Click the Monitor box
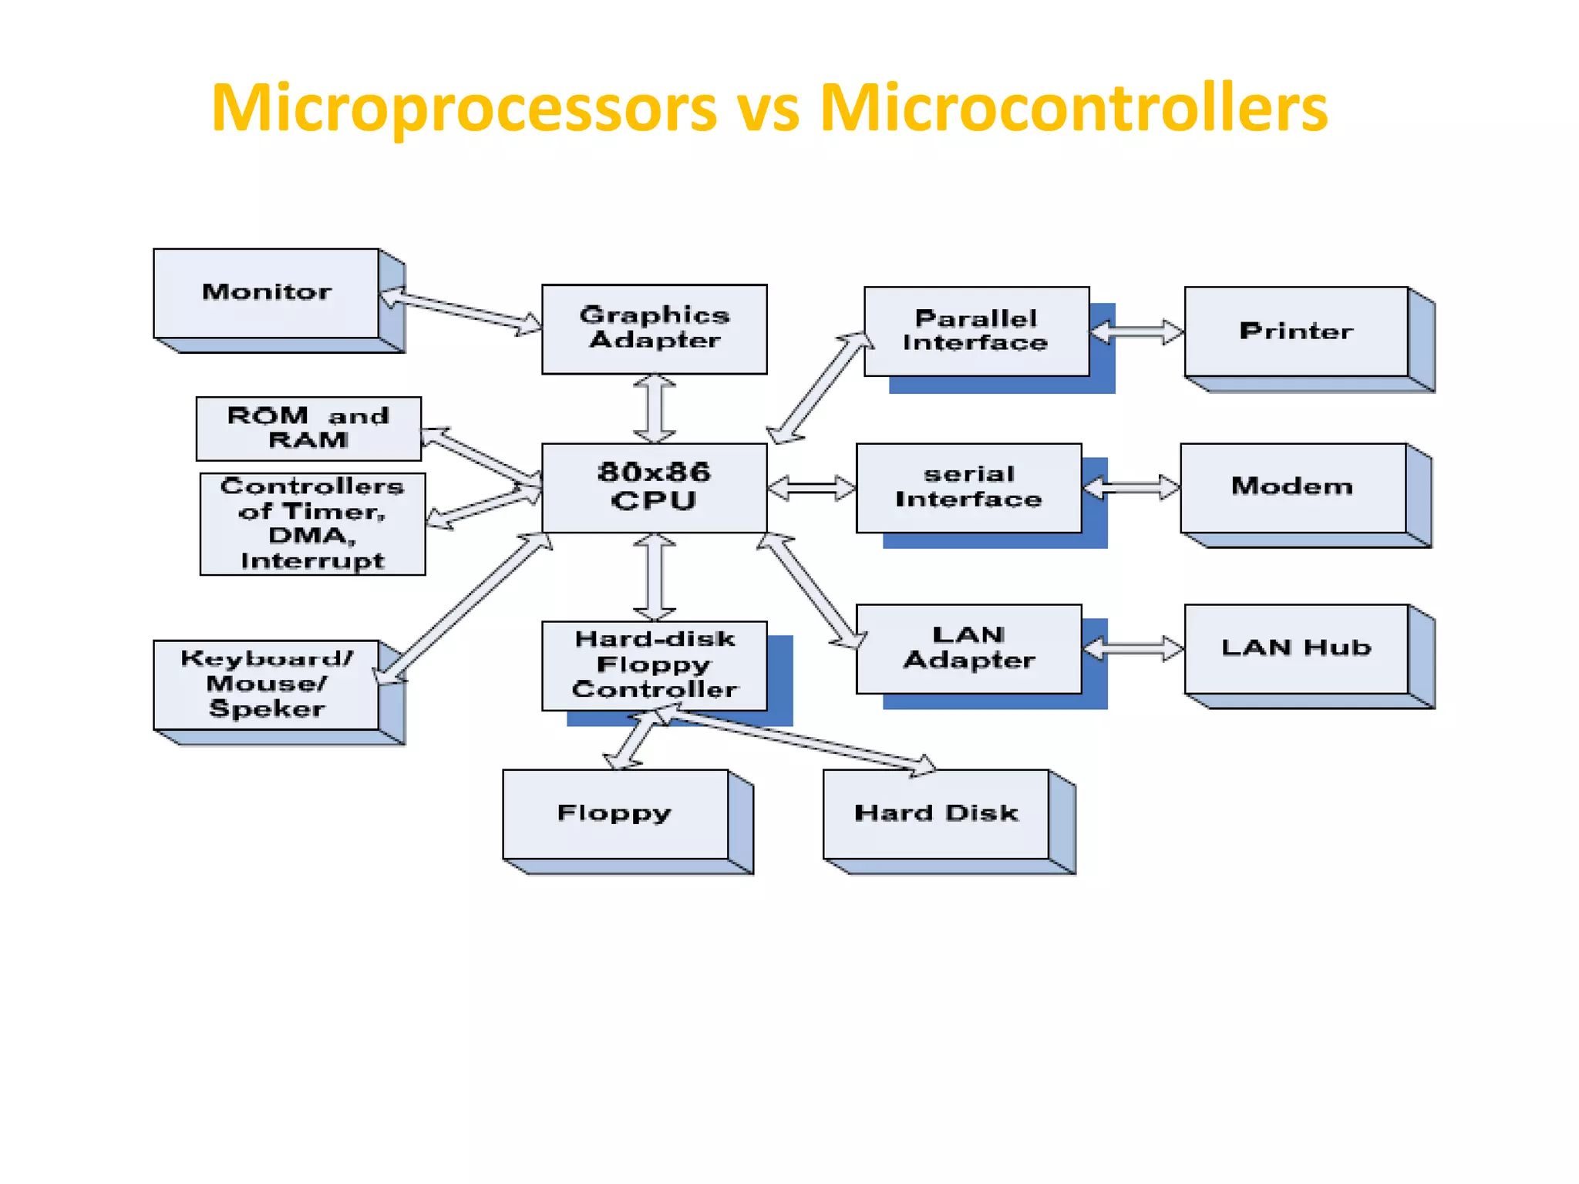pyautogui.click(x=266, y=293)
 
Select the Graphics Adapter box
pyautogui.click(x=654, y=329)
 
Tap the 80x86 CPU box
pyautogui.click(x=654, y=487)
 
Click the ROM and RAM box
pyautogui.click(x=308, y=429)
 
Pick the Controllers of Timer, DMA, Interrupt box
pyautogui.click(x=312, y=524)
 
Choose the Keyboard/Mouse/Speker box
pyautogui.click(x=266, y=684)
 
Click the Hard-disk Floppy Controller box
pyautogui.click(x=654, y=665)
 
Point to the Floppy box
pyautogui.click(x=614, y=814)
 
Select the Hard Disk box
pyautogui.click(x=936, y=814)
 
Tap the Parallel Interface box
pyautogui.click(x=976, y=331)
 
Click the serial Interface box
pyautogui.click(x=968, y=488)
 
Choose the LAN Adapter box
pyautogui.click(x=968, y=648)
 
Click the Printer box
pyautogui.click(x=1296, y=331)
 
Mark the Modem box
pyautogui.click(x=1292, y=487)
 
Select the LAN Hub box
pyautogui.click(x=1296, y=648)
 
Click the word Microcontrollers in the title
pyautogui.click(x=1073, y=108)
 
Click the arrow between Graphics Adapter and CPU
pyautogui.click(x=655, y=409)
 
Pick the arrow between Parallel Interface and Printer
pyautogui.click(x=1136, y=332)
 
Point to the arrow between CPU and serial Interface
pyautogui.click(x=811, y=488)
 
